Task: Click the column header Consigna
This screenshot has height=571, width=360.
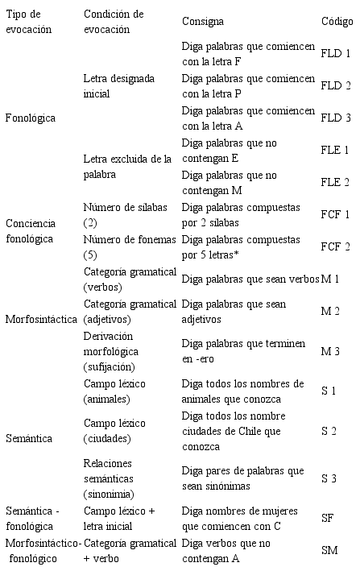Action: (x=202, y=22)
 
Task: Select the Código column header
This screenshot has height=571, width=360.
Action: (x=336, y=22)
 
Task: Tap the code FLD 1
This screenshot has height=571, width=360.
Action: (x=335, y=53)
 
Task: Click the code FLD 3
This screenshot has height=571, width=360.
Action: (x=335, y=118)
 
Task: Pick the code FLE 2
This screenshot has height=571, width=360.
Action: (x=335, y=182)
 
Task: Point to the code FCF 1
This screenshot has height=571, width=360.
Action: (x=335, y=214)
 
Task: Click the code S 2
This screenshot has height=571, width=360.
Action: (x=329, y=431)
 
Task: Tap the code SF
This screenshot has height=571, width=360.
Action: (x=327, y=519)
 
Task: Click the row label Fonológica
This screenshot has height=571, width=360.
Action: (x=30, y=118)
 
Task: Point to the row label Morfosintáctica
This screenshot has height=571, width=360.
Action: (x=40, y=319)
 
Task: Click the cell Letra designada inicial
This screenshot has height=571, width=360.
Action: (x=118, y=85)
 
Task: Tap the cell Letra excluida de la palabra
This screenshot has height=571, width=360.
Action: (x=127, y=166)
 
